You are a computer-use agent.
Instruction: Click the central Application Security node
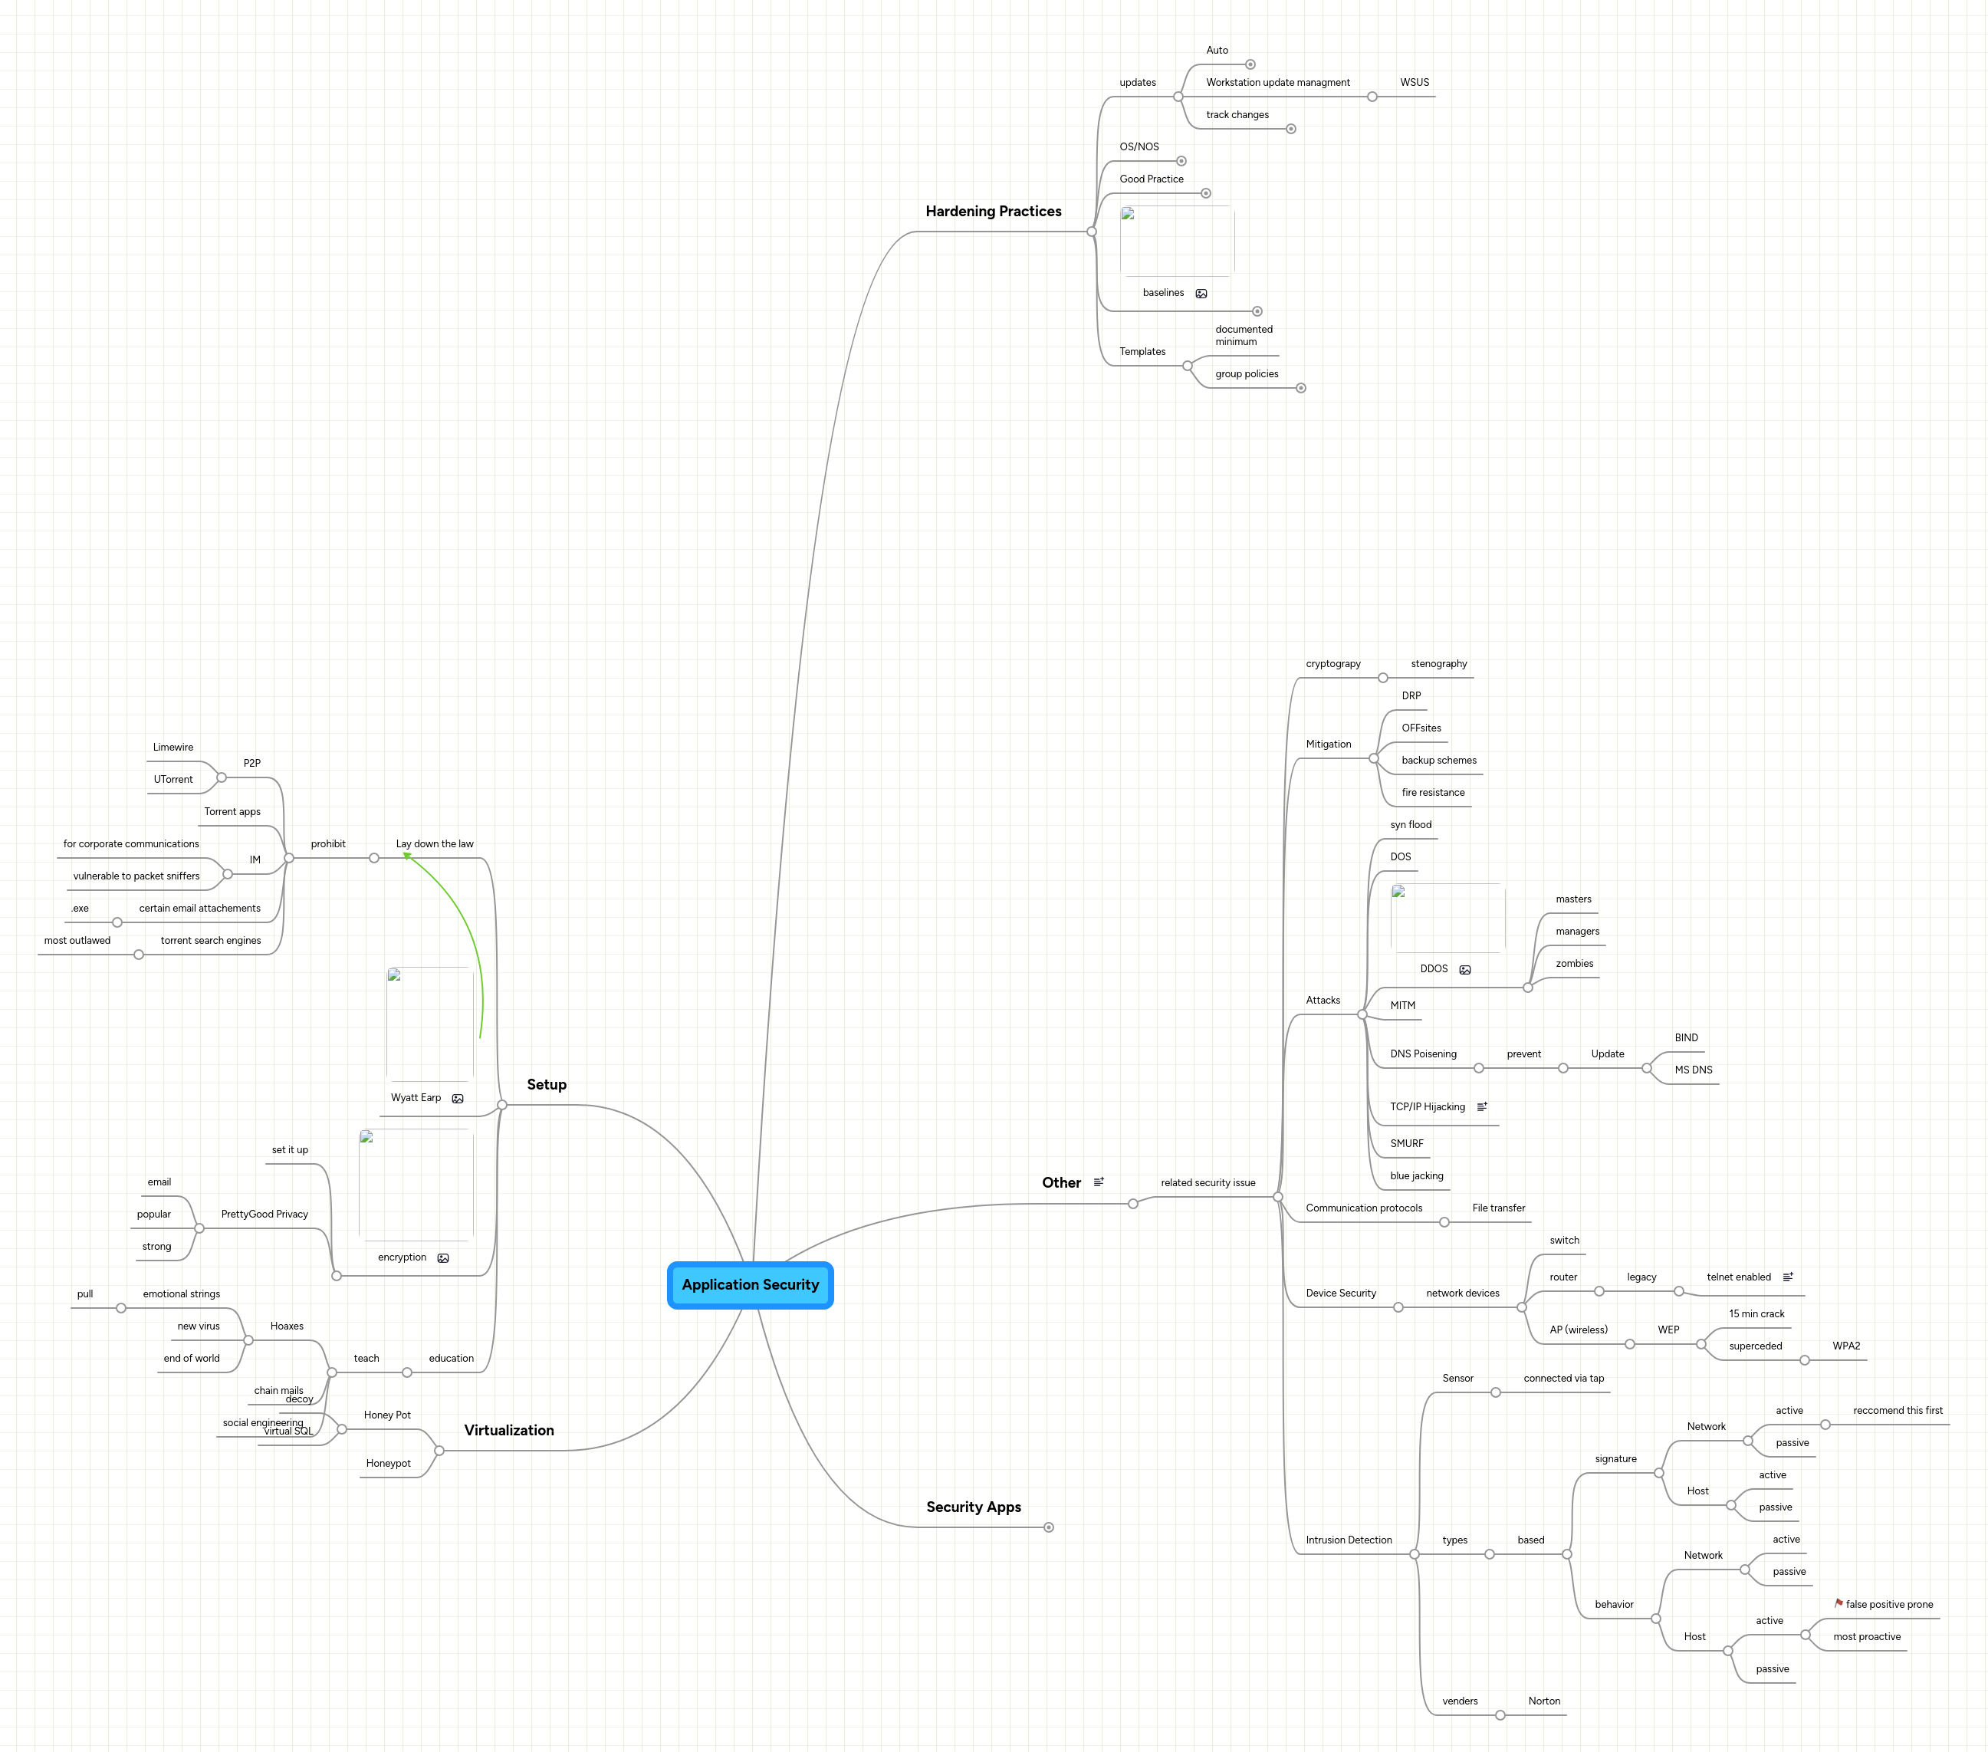tap(750, 1285)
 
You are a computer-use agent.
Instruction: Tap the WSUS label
tap(1415, 83)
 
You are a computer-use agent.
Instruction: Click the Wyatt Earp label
tap(416, 1098)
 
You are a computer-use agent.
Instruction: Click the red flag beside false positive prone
tap(1838, 1603)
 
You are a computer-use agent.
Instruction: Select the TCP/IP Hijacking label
tap(1427, 1107)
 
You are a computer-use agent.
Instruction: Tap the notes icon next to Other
tap(1099, 1183)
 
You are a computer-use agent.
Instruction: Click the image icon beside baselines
tap(1201, 294)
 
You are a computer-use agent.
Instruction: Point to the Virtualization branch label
tap(508, 1431)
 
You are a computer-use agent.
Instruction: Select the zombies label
tap(1574, 964)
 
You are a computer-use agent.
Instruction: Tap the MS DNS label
tap(1694, 1070)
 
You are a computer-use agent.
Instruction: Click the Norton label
tap(1543, 1701)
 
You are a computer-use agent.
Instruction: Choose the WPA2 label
tap(1846, 1346)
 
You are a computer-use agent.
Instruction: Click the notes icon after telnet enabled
tap(1788, 1277)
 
